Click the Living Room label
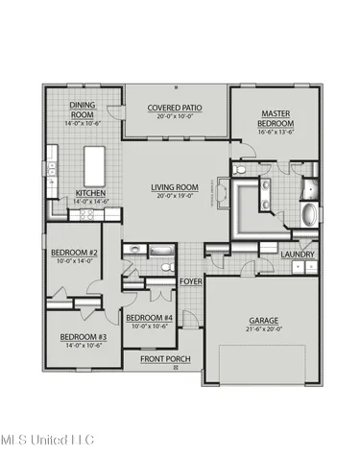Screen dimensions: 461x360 point(174,187)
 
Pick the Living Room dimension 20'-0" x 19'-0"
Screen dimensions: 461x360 point(174,196)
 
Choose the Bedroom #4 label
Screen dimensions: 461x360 point(149,318)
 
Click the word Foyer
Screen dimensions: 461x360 point(191,281)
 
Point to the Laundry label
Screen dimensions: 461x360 point(300,255)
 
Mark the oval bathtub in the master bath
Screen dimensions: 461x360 point(310,213)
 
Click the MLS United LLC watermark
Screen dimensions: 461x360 point(53,441)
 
